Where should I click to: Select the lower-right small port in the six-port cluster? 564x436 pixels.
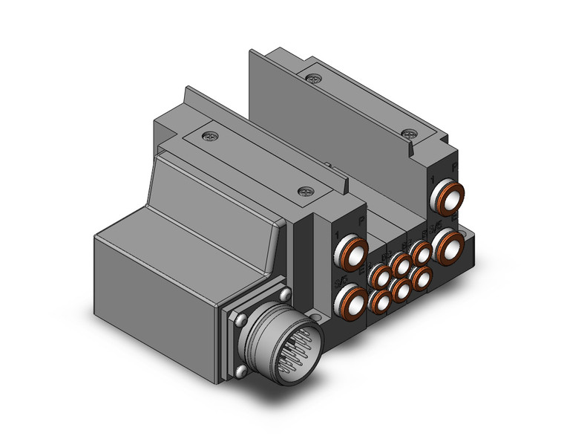422,278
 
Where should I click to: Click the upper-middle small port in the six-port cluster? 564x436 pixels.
401,264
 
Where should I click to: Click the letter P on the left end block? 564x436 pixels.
361,221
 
